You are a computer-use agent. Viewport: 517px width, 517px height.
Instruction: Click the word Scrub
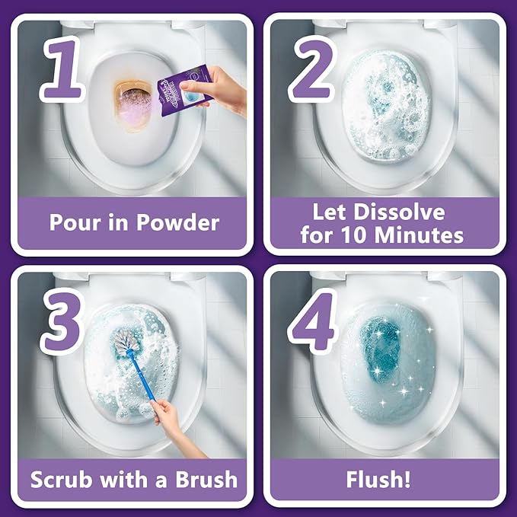(63, 480)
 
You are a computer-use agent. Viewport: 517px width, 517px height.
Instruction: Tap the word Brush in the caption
(199, 480)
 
